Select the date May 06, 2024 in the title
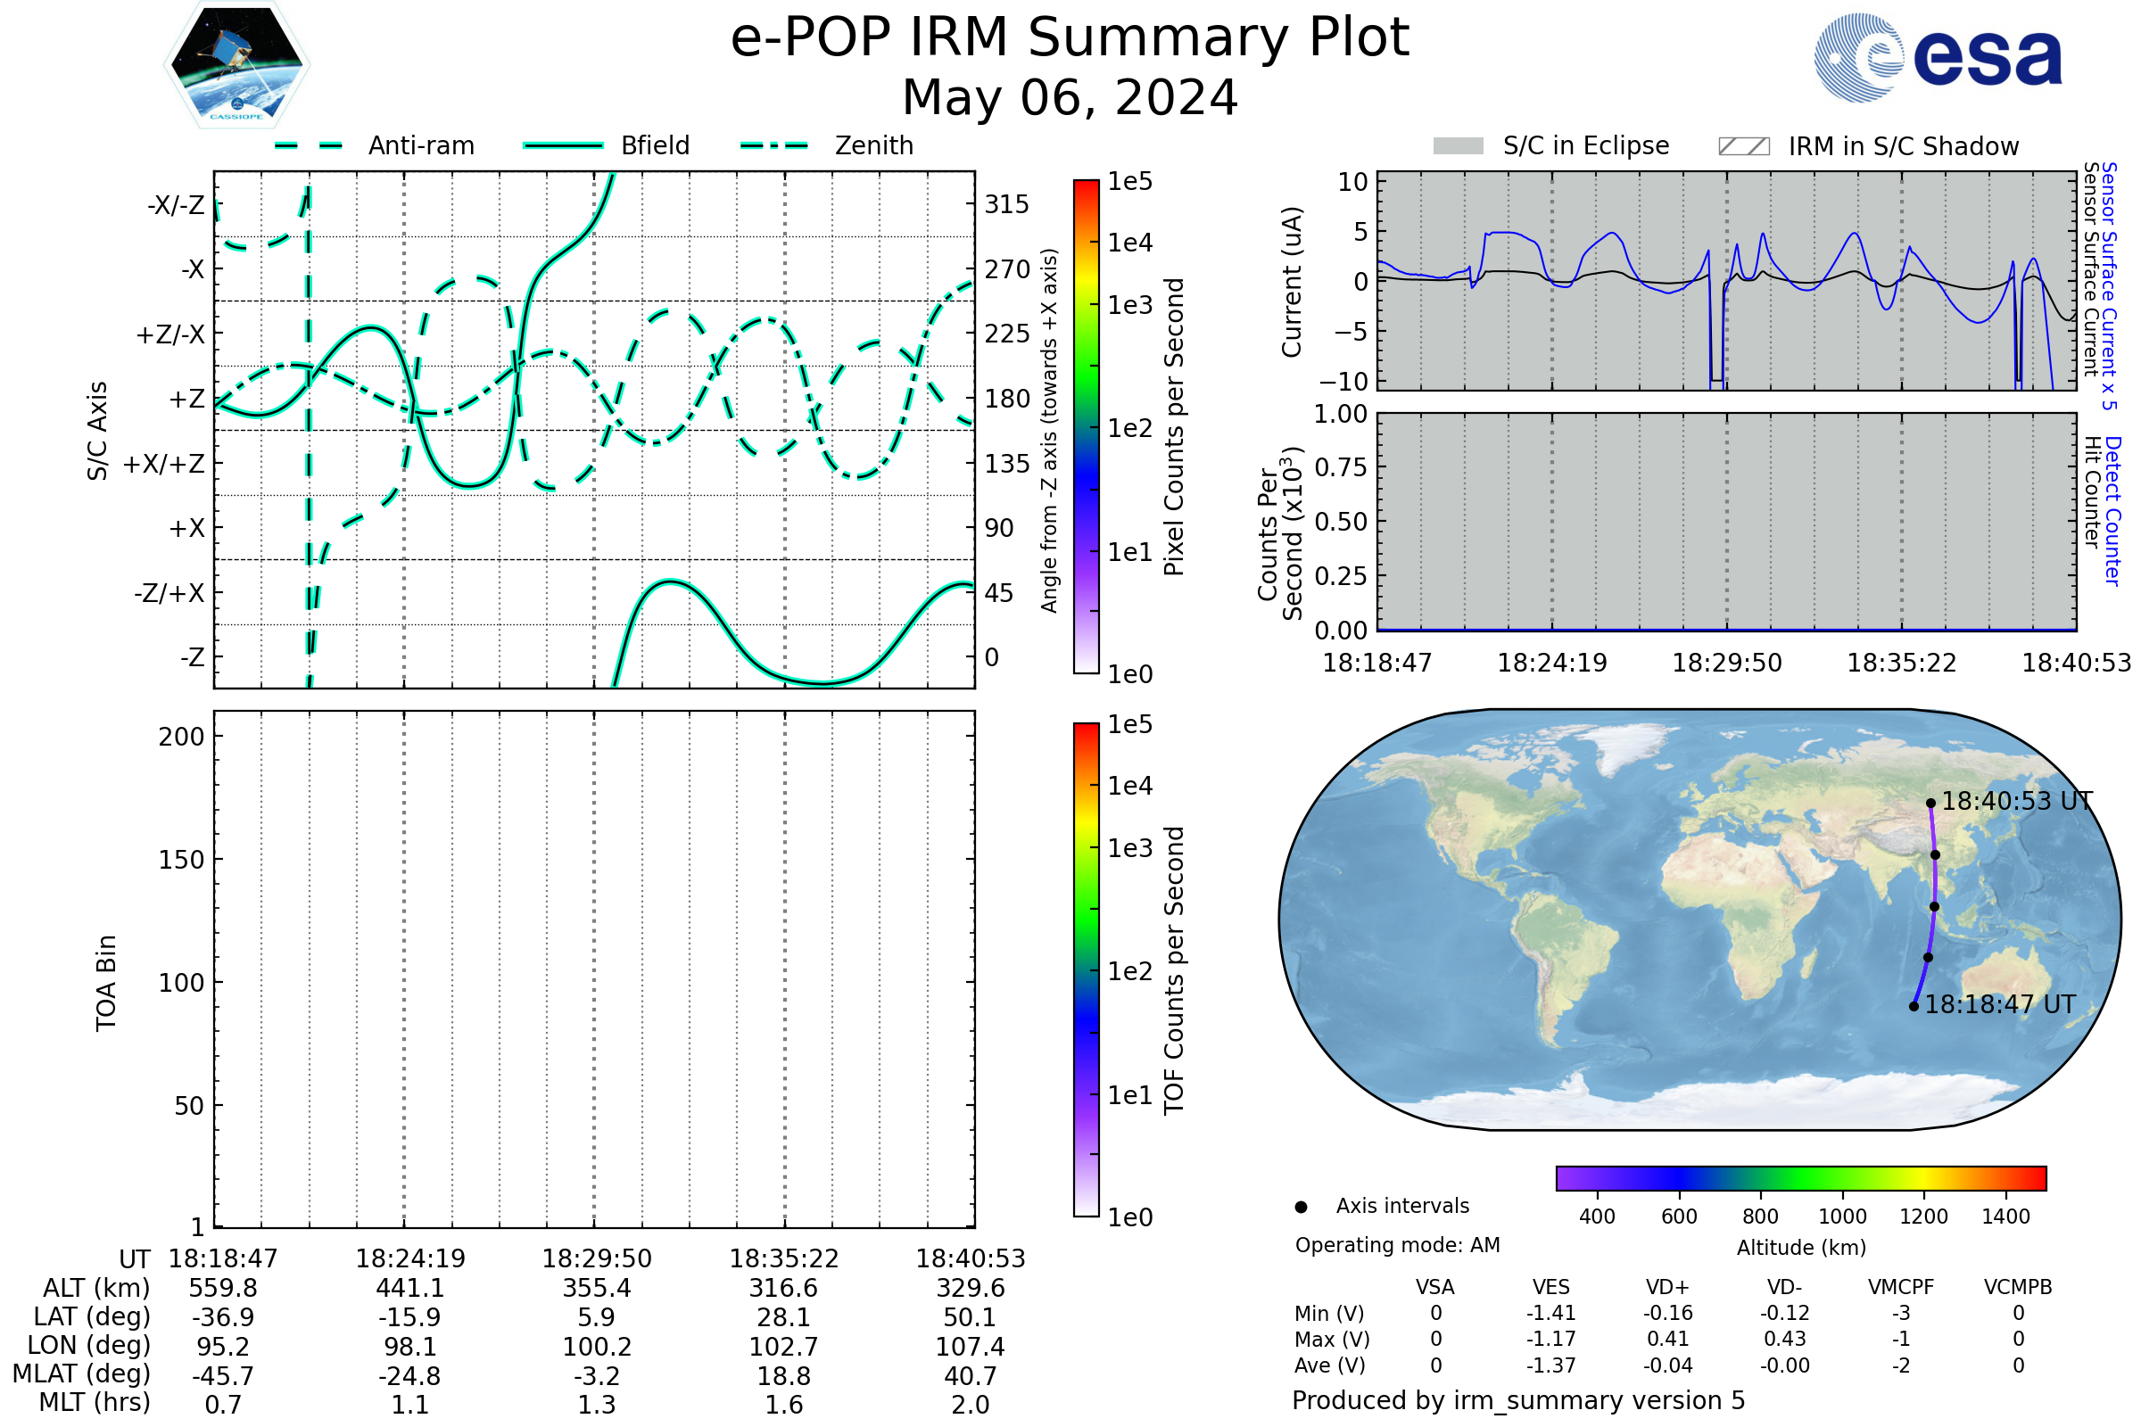click(1070, 98)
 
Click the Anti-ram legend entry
click(420, 145)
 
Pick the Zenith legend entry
click(873, 145)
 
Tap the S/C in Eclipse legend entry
click(1585, 145)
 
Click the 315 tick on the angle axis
click(1006, 204)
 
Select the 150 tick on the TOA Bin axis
click(181, 860)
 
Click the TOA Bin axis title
click(106, 983)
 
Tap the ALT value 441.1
click(409, 1288)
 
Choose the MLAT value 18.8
click(784, 1376)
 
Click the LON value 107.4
click(971, 1347)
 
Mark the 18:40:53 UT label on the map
click(2016, 802)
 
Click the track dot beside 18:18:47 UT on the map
click(1914, 1007)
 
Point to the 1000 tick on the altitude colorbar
click(1841, 1217)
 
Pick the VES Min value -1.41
click(1550, 1313)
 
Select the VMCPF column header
click(1901, 1287)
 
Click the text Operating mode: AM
click(1397, 1245)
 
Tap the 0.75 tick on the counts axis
click(1341, 467)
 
